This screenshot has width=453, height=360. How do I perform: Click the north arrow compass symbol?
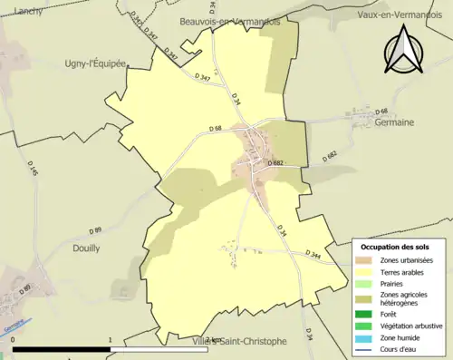click(x=403, y=51)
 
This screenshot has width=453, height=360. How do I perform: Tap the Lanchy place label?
click(x=19, y=12)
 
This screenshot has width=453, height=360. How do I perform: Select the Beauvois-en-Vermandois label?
click(x=229, y=21)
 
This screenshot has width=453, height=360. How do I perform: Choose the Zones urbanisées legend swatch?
click(x=363, y=260)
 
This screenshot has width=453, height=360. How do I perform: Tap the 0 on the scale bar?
click(x=14, y=340)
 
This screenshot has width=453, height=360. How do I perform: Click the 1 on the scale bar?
click(x=110, y=340)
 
